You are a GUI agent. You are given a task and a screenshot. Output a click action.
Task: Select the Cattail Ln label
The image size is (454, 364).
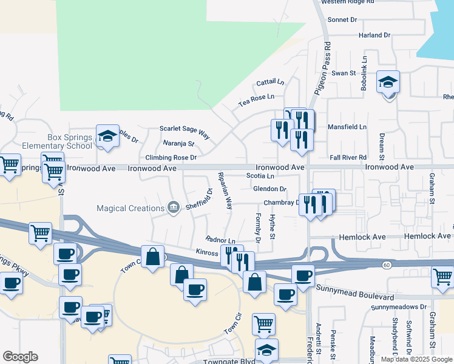point(270,82)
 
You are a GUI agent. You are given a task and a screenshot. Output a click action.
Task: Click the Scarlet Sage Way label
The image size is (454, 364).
point(184,129)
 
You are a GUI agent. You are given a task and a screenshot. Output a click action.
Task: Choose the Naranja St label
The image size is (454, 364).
point(178,144)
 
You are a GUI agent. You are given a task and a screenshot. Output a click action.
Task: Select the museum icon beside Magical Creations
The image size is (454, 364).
point(174,208)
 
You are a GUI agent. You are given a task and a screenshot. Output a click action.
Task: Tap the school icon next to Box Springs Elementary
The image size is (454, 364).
point(107,136)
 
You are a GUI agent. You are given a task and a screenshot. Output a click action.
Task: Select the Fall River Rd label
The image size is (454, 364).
point(348,157)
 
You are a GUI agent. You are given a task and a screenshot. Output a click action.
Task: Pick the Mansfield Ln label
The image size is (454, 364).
point(347,127)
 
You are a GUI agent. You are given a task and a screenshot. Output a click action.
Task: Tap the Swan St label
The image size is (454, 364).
point(343,73)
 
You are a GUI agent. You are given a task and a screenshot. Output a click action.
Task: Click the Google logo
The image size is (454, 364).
point(20,357)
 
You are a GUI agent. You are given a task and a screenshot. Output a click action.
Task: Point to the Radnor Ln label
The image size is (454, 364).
point(220,240)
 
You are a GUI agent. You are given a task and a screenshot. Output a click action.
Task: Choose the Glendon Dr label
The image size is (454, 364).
point(269,189)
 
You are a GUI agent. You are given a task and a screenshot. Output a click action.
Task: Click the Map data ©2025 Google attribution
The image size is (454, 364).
point(416,359)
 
